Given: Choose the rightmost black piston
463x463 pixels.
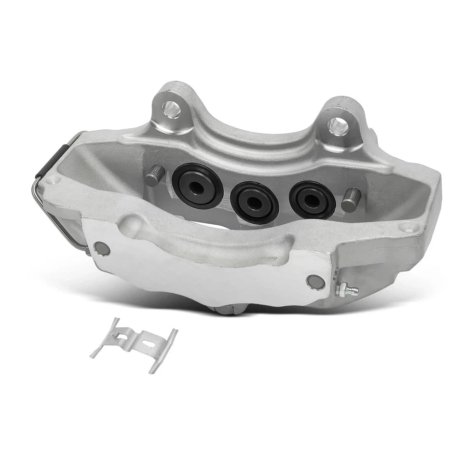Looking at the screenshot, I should click(x=312, y=198).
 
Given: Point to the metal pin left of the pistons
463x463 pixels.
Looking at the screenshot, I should click(x=155, y=176).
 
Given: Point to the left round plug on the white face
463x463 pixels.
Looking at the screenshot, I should click(x=102, y=248).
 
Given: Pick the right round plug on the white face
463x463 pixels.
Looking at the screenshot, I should click(x=315, y=281).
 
